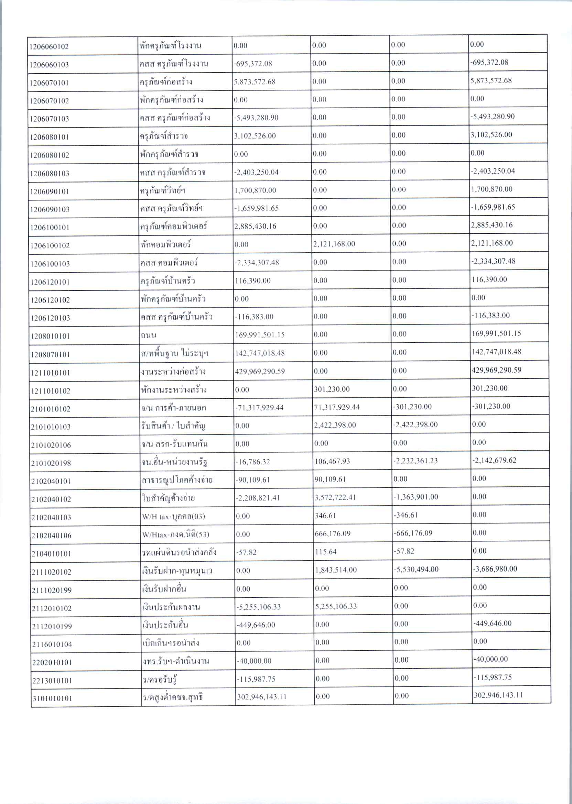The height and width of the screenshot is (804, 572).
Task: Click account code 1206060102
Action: point(49,47)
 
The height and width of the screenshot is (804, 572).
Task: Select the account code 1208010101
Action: point(50,336)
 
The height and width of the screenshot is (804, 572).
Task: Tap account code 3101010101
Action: point(52,698)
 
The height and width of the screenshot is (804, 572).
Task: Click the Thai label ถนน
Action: point(148,335)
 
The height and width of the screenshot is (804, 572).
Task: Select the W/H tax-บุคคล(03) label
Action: point(173,517)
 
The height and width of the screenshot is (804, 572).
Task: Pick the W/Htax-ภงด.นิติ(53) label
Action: point(175,535)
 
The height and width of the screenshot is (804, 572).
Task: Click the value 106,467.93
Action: point(332,461)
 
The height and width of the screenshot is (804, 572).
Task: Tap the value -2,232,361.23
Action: point(415,461)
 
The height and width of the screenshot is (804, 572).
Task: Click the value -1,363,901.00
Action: point(415,497)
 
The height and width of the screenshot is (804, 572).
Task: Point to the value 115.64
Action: point(326,552)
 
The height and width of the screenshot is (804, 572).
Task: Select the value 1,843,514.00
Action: point(336,570)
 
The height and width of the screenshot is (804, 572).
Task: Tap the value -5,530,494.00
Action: point(416,569)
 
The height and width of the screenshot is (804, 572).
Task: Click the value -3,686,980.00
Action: point(495,569)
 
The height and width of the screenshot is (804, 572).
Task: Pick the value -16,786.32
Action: point(253,462)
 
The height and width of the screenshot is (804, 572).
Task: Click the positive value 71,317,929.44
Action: point(337,407)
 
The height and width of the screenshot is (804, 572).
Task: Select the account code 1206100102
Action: point(50,246)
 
